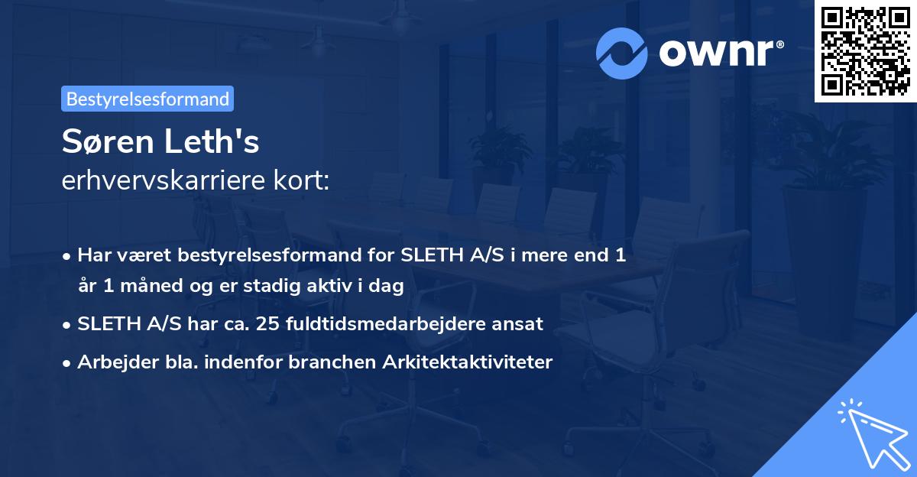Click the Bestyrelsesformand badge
tap(147, 99)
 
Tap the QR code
tap(865, 51)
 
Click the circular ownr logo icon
tap(622, 52)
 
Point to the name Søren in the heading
tap(107, 142)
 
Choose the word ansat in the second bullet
tap(522, 323)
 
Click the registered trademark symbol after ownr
tap(779, 45)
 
